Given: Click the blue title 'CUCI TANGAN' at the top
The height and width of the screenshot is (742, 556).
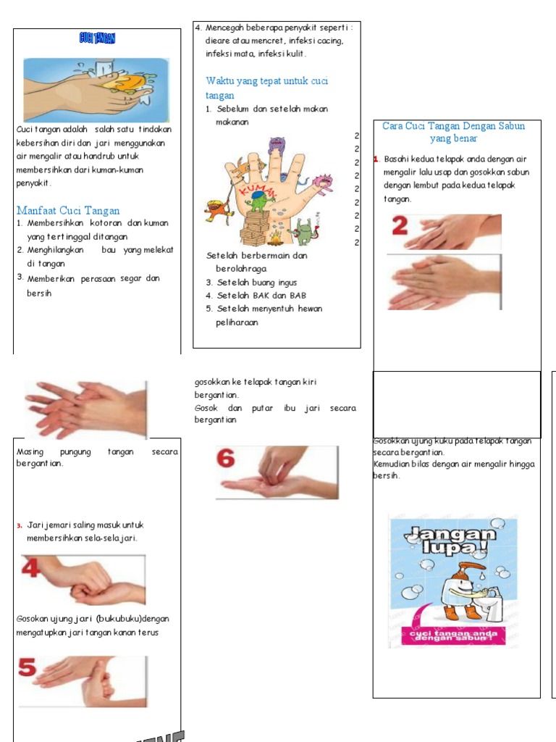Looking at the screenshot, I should pos(97,38).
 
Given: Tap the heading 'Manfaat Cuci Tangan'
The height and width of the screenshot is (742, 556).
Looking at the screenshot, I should pos(68,211).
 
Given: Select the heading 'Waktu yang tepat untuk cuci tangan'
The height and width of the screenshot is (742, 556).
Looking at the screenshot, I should pos(266,88).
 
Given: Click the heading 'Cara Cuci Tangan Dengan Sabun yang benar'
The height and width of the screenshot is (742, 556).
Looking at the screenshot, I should pos(453,132).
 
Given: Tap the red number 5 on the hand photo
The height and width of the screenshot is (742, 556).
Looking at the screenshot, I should pos(28,667).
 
